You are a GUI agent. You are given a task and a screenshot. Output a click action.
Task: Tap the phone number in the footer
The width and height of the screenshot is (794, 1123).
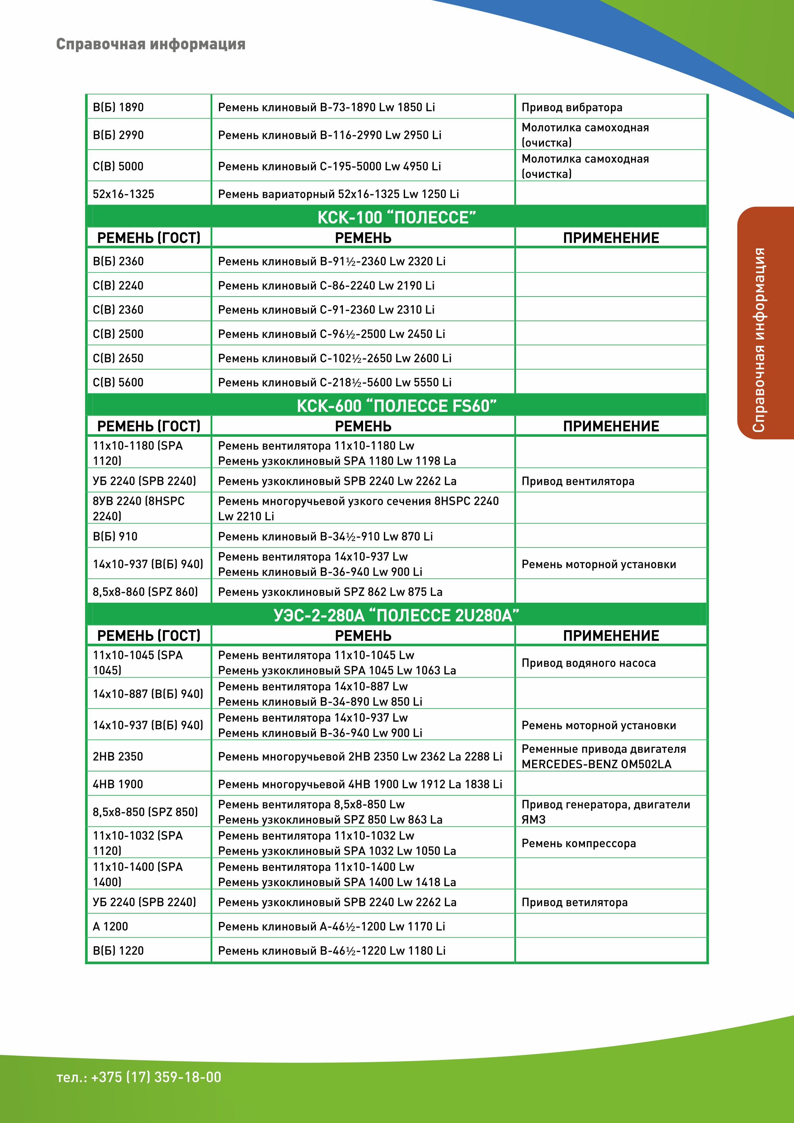tap(139, 1077)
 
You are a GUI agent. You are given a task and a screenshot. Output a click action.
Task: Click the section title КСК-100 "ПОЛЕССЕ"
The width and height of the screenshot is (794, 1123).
tap(396, 217)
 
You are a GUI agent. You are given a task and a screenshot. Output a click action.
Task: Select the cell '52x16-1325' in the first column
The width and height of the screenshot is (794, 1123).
tap(123, 194)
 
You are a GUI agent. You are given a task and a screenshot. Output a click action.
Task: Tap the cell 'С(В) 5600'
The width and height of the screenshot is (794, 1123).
tap(118, 382)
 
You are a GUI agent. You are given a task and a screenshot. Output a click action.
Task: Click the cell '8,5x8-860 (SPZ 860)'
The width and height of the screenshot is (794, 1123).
tap(145, 591)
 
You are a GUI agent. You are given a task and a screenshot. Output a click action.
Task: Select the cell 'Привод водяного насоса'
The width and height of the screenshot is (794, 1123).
tap(589, 663)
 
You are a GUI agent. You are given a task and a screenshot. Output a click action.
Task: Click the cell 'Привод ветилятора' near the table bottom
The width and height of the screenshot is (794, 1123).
tap(574, 902)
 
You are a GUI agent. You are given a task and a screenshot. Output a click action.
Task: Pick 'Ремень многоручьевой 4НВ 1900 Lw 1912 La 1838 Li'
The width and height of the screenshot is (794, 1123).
tap(360, 784)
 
